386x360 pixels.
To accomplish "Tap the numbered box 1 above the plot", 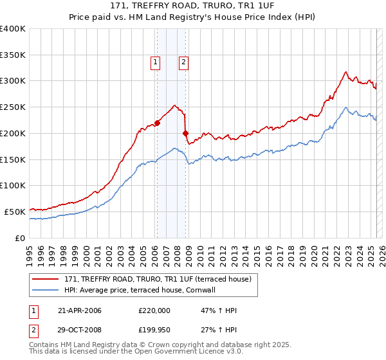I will click(x=156, y=62).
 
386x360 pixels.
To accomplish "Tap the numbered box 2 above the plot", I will click(x=183, y=62).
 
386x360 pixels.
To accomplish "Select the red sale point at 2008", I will click(x=186, y=134).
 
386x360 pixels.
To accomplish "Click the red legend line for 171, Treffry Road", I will click(x=46, y=278).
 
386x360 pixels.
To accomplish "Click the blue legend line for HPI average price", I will click(x=46, y=290).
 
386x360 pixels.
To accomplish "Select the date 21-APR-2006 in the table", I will click(x=79, y=310).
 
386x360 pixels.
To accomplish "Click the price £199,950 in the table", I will click(x=154, y=330).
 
